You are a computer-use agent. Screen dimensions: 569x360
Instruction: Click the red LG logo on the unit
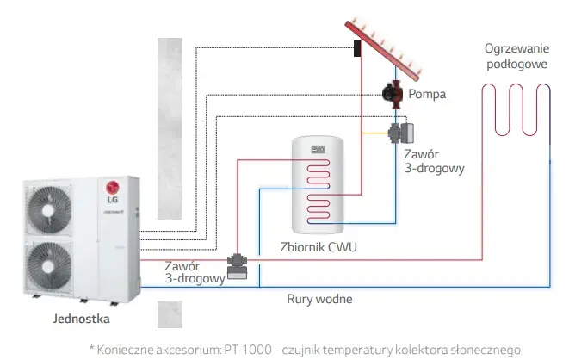pos(113,188)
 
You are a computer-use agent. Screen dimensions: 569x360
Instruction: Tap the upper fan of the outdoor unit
pos(49,209)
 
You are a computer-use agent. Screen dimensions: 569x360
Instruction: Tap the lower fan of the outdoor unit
pos(49,266)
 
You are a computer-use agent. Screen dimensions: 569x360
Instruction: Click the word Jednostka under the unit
pos(81,319)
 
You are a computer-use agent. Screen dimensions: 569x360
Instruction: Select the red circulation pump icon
pos(393,95)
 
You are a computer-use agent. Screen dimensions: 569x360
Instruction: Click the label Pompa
pos(427,94)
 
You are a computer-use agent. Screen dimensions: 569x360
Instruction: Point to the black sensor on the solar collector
pos(357,48)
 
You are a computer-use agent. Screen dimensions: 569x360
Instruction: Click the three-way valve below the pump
pos(401,133)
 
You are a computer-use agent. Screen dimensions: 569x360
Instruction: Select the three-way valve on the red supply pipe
pos(238,266)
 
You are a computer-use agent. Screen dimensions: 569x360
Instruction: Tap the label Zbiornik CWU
pos(319,247)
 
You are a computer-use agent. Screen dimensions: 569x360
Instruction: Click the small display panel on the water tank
pos(318,149)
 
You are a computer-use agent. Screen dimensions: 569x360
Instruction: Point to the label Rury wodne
pos(319,299)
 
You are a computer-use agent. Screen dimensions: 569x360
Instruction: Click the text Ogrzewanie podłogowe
pos(517,56)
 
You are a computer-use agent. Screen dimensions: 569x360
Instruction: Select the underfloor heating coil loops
pos(516,109)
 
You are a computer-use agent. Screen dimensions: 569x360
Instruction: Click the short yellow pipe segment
pos(375,133)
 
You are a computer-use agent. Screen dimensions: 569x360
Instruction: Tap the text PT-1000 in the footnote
pos(248,350)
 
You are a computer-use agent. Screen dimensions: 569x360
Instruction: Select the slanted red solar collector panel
pos(383,51)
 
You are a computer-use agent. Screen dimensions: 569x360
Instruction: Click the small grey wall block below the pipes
pos(170,314)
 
